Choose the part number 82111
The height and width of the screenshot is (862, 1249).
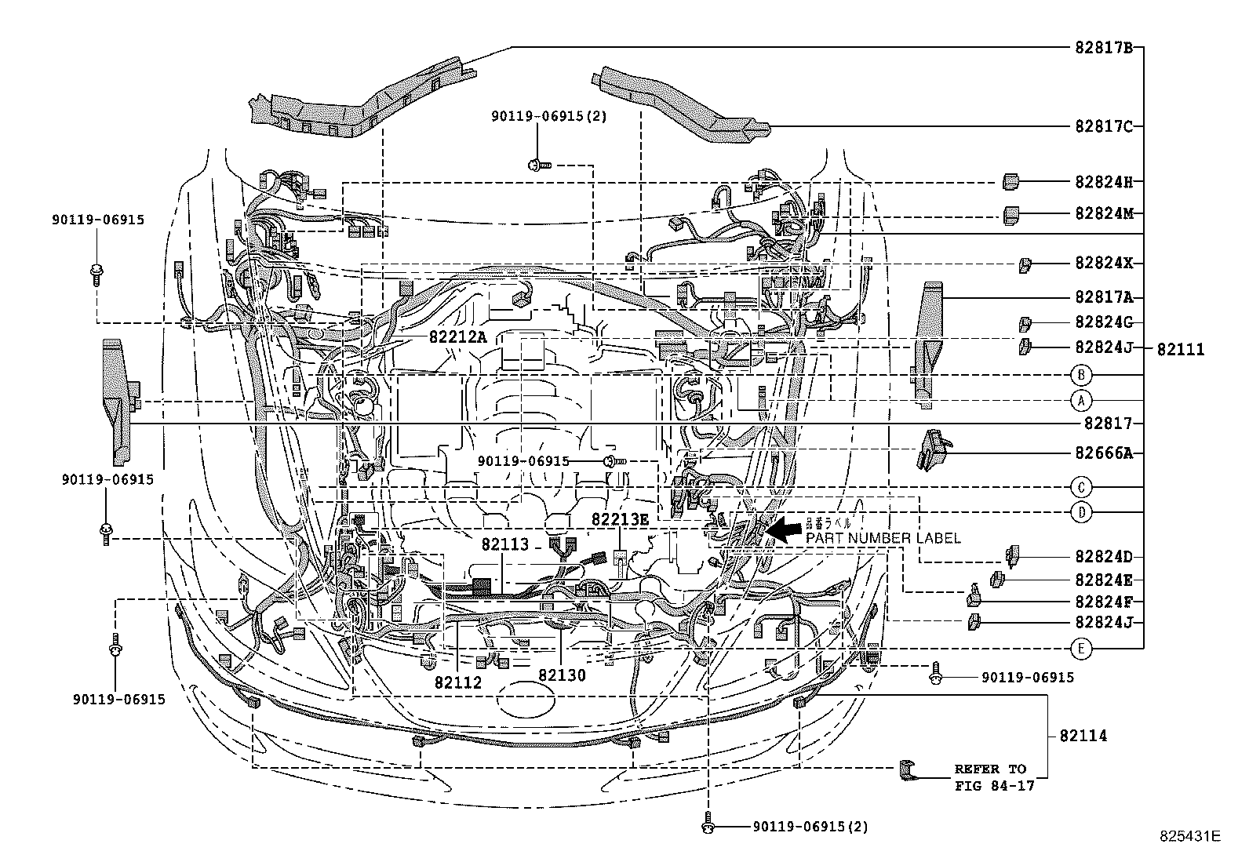[1180, 350]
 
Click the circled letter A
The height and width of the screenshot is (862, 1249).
[1080, 401]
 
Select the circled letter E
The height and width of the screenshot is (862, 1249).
[1080, 648]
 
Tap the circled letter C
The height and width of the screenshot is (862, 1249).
[1080, 486]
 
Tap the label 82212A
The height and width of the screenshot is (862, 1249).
[457, 336]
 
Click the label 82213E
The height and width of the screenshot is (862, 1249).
[620, 519]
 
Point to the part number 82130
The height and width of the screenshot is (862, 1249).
[562, 675]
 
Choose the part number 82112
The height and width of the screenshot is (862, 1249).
[457, 682]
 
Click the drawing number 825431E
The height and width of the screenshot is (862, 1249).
[1191, 836]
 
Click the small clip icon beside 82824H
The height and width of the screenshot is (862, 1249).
[1011, 182]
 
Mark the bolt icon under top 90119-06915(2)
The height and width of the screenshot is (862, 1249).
[538, 165]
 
